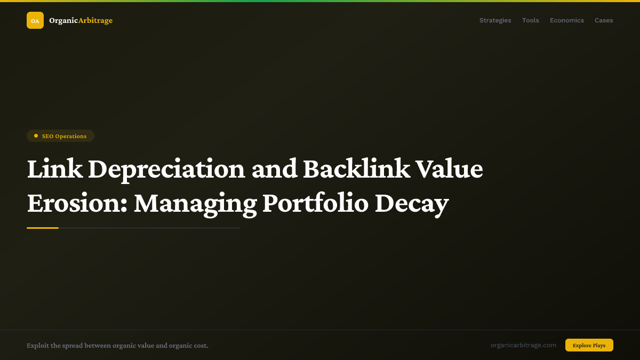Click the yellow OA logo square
point(35,20)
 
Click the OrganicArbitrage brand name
point(81,20)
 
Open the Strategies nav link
point(495,20)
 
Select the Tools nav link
point(530,20)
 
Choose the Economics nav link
point(566,20)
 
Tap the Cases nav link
point(604,20)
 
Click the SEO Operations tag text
point(64,136)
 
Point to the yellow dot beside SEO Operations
point(36,136)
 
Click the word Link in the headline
point(54,169)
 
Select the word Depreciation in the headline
point(166,169)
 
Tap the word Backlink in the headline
point(356,169)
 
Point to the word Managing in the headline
point(195,203)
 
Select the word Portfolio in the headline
point(315,203)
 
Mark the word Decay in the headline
point(412,203)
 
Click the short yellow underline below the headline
point(43,228)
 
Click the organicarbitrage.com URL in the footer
point(523,345)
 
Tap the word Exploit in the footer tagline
point(37,346)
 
